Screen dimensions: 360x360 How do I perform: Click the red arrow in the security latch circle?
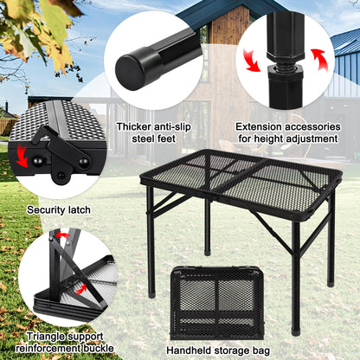point(18,157)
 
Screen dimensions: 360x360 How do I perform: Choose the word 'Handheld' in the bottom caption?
point(190,350)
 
